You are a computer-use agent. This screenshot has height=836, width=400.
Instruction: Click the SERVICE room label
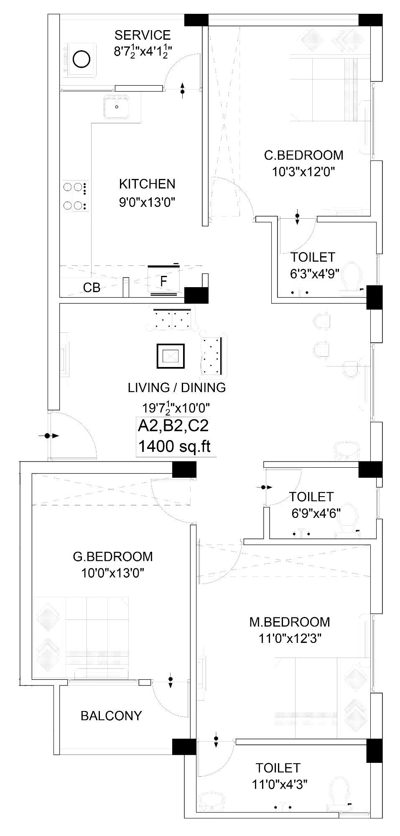point(143,35)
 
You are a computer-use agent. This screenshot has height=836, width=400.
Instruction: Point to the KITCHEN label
point(147,184)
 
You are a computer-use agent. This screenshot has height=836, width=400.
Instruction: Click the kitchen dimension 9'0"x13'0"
point(147,202)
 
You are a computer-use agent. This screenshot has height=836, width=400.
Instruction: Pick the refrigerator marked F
point(164,281)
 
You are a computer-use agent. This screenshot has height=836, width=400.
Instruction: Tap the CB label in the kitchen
point(92,288)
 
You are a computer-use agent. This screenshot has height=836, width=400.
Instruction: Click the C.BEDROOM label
point(303,155)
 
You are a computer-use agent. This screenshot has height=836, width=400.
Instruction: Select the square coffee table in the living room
point(170,356)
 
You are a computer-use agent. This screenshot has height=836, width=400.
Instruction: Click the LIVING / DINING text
point(177,387)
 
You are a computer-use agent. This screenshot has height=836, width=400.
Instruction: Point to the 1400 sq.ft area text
point(174,446)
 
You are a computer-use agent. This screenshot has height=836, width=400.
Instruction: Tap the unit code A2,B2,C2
point(173,426)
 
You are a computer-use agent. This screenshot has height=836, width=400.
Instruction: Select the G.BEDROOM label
point(113,556)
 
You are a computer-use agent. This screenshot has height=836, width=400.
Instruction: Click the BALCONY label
point(111,716)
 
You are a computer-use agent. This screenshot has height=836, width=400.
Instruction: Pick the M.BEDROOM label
point(290,622)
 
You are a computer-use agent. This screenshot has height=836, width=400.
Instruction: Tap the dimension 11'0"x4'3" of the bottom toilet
point(280,784)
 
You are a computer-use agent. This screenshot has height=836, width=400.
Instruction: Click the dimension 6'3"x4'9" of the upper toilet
point(314,273)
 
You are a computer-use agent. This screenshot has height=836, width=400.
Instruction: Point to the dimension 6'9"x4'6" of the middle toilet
point(316,513)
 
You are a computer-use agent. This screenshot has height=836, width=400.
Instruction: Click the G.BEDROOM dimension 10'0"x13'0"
point(113,573)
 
